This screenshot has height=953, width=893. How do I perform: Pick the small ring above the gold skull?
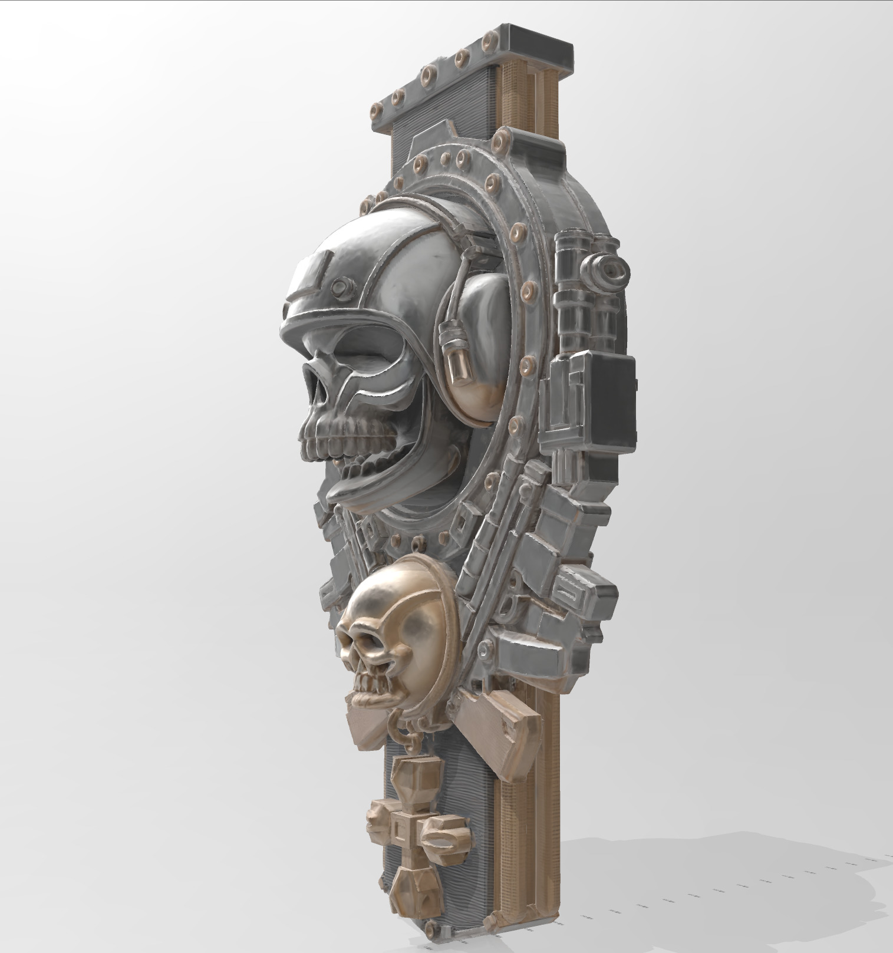[419, 542]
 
